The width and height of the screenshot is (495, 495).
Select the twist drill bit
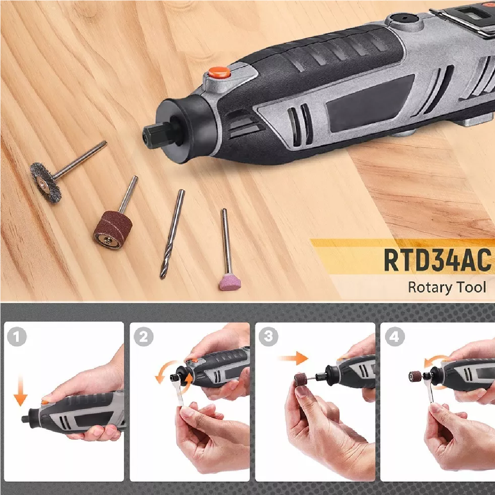point(172,234)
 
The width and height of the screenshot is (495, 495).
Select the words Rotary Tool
point(447,287)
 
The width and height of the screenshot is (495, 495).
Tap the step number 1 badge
point(16,336)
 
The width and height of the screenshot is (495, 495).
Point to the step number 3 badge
point(269,336)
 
